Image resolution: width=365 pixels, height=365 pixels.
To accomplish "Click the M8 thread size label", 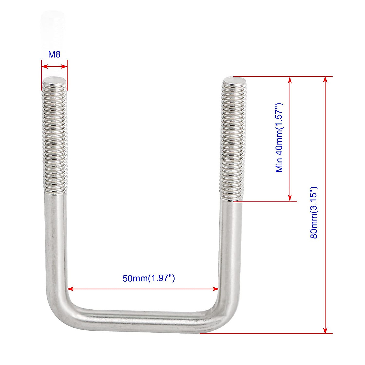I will click(54, 54).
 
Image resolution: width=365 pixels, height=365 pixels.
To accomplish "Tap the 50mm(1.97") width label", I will click(148, 278).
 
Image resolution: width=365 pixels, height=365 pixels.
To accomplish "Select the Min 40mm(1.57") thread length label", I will click(280, 138).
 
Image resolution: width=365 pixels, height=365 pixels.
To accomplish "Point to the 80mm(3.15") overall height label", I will click(314, 212).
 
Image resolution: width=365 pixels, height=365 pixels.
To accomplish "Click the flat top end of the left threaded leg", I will click(54, 80).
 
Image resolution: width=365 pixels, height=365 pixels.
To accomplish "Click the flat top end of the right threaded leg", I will click(234, 81).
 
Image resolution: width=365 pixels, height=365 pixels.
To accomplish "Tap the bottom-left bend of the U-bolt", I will click(61, 313).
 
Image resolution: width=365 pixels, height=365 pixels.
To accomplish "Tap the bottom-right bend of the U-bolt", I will click(224, 316).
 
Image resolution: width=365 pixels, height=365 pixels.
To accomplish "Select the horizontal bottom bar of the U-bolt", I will click(143, 319).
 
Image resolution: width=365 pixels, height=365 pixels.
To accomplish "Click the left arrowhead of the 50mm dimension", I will click(70, 289).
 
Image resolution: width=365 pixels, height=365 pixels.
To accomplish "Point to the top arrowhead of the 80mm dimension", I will click(325, 79).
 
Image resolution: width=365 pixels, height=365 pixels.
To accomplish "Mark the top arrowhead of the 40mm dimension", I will click(290, 79).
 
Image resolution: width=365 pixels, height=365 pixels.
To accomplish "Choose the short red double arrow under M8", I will click(54, 66).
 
